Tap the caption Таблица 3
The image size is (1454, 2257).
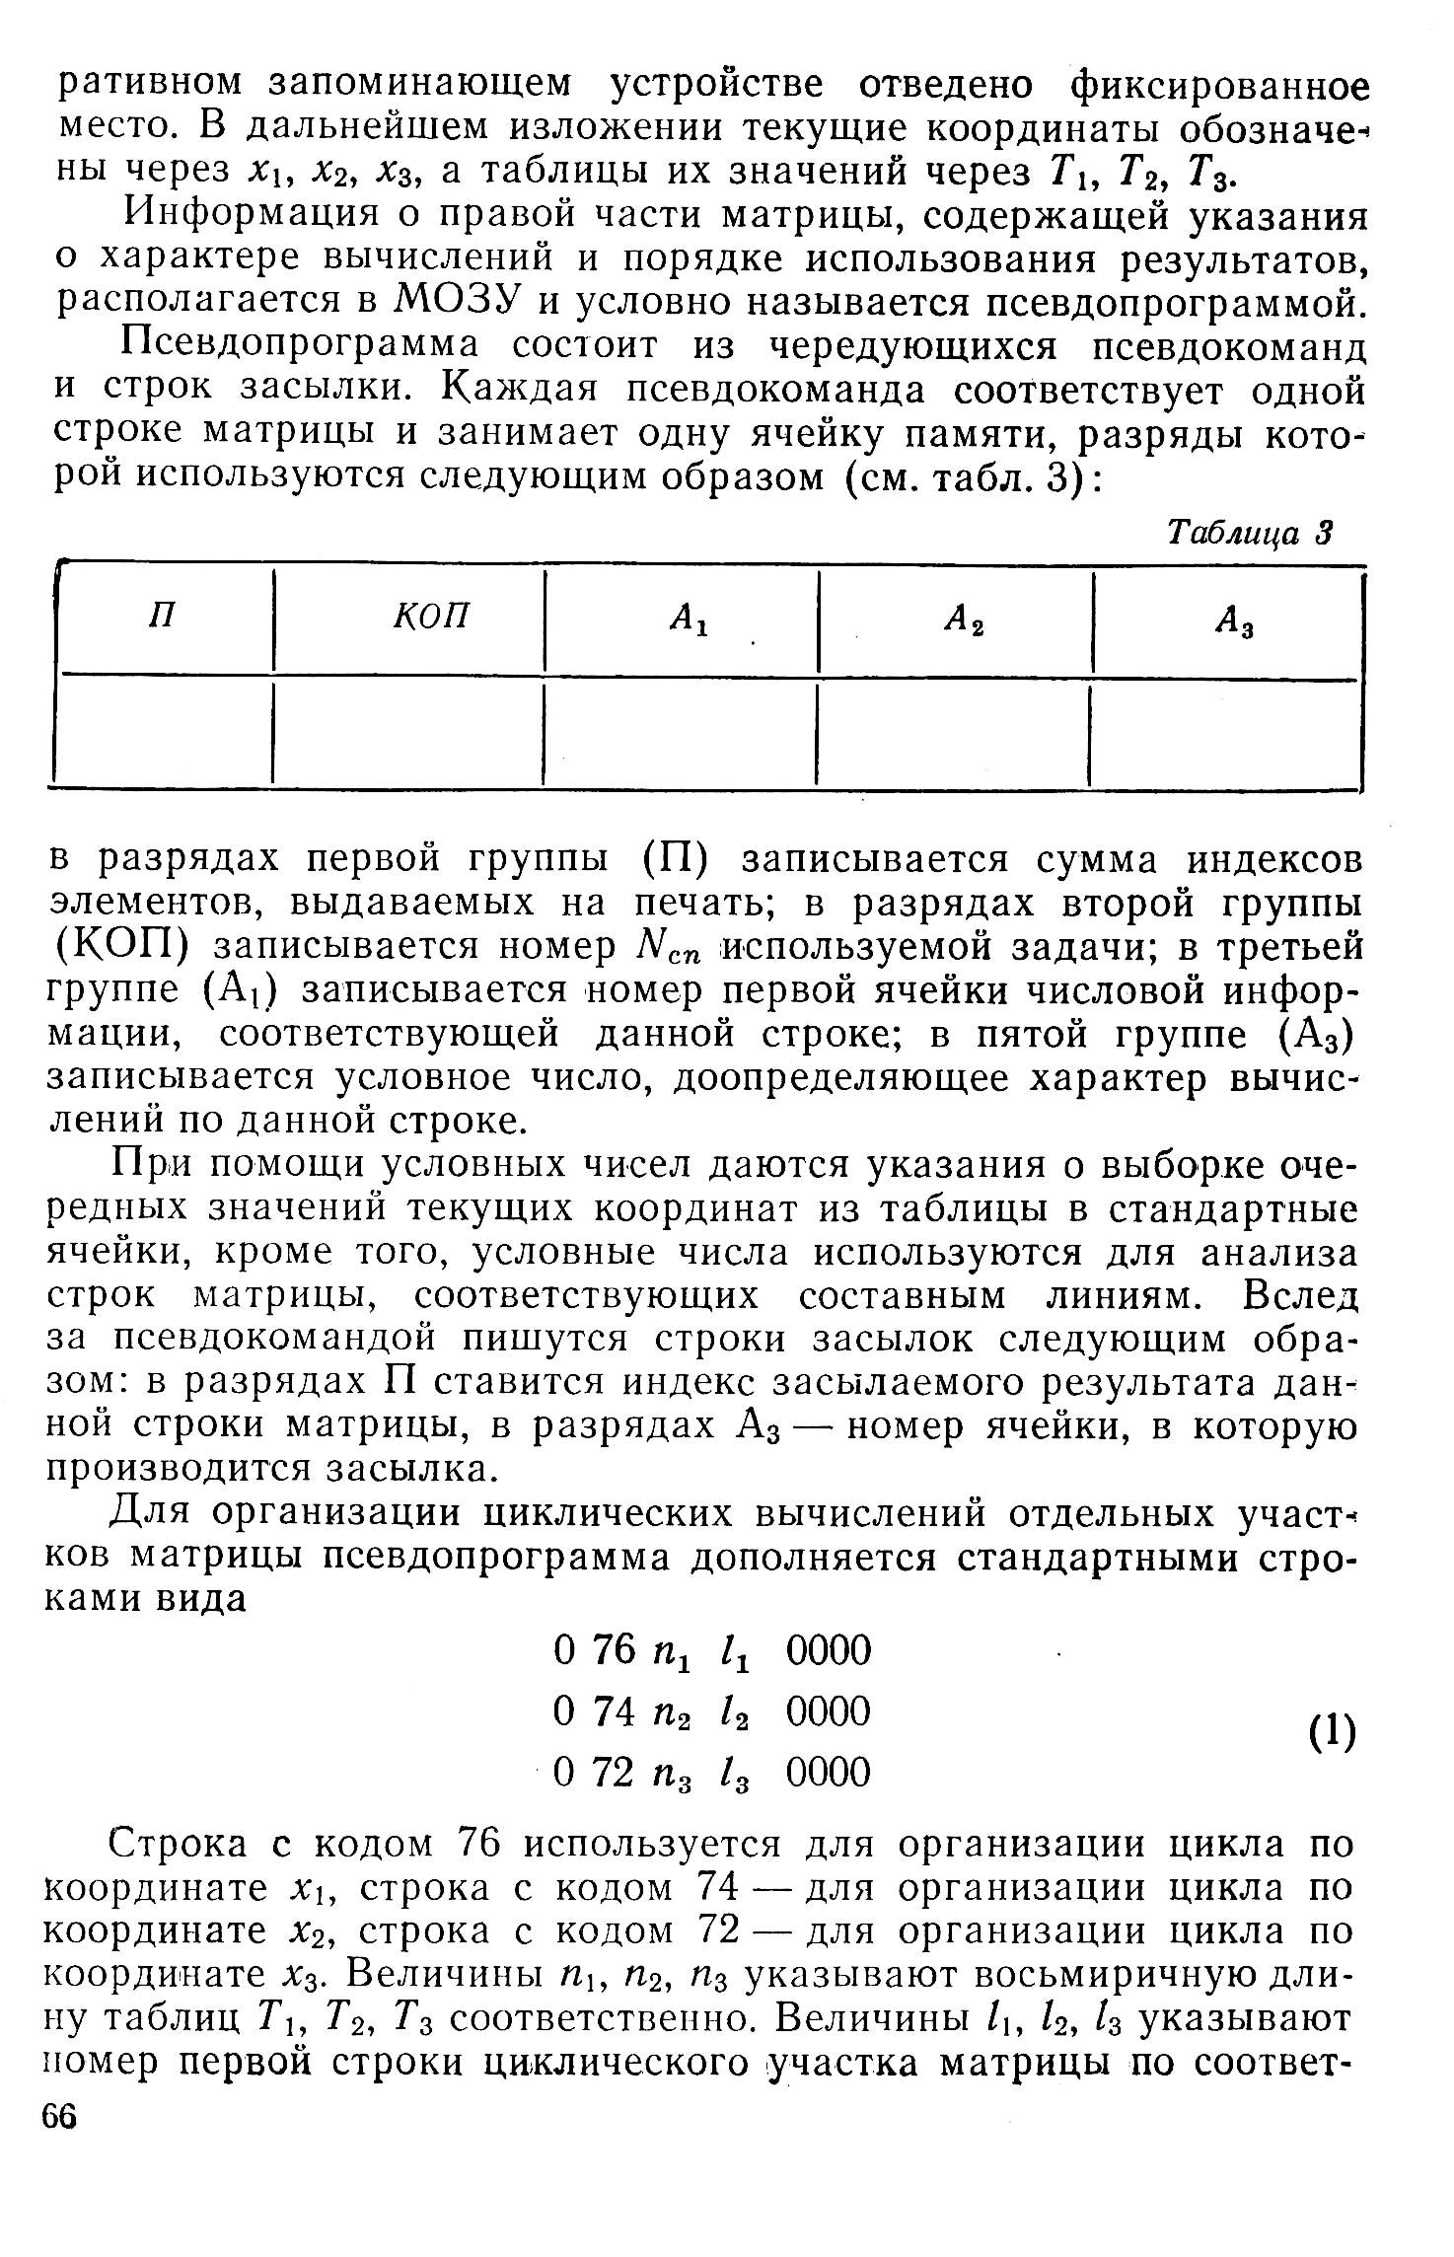tap(1249, 534)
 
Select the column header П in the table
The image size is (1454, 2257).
tap(162, 618)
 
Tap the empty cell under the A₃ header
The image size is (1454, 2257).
tap(1227, 733)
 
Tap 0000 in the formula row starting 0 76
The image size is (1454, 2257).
tap(830, 1650)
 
